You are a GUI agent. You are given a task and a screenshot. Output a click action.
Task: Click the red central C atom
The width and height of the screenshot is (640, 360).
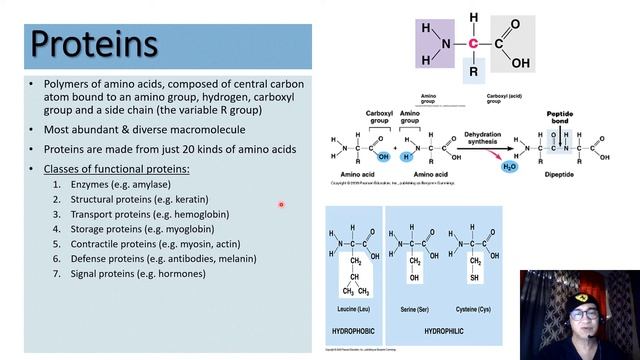pyautogui.click(x=472, y=43)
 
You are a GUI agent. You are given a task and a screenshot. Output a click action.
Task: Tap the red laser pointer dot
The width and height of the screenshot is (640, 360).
pyautogui.click(x=281, y=205)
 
